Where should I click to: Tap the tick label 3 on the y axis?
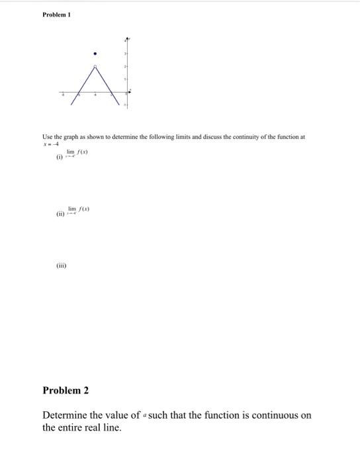click(124, 53)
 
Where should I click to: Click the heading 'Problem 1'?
click(56, 15)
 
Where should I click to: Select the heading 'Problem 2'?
click(66, 390)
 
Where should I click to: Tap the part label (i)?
click(60, 157)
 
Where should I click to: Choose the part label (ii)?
click(61, 214)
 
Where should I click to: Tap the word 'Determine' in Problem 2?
click(64, 415)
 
